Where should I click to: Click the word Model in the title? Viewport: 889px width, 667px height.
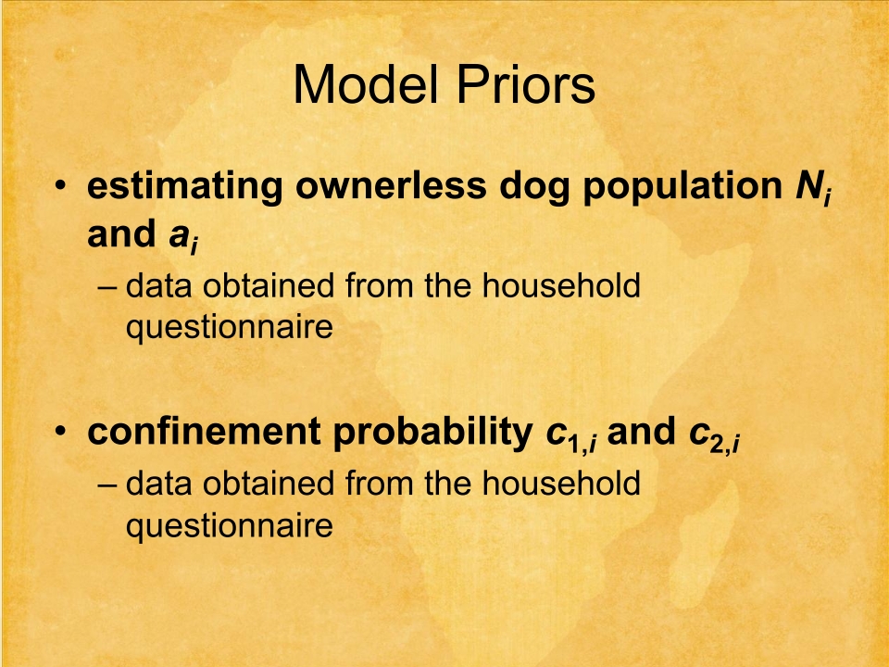[367, 84]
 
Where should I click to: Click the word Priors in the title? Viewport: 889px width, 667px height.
[526, 84]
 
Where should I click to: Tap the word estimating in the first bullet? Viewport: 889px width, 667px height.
[185, 186]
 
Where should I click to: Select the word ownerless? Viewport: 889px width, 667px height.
[391, 185]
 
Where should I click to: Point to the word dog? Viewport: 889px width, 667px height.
[534, 187]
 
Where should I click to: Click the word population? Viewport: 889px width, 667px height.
[682, 187]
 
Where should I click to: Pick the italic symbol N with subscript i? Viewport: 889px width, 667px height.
[813, 188]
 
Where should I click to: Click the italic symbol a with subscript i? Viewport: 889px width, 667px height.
[183, 237]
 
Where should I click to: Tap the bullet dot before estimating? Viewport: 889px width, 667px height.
[61, 185]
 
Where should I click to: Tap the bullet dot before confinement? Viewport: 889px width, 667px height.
[61, 432]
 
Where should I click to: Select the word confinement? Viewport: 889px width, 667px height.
[204, 432]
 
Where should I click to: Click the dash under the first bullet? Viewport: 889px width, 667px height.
[106, 287]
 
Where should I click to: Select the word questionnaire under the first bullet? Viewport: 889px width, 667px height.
[229, 328]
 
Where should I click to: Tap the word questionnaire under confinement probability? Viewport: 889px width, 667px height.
[229, 527]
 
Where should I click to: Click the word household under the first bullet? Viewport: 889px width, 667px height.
[561, 285]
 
